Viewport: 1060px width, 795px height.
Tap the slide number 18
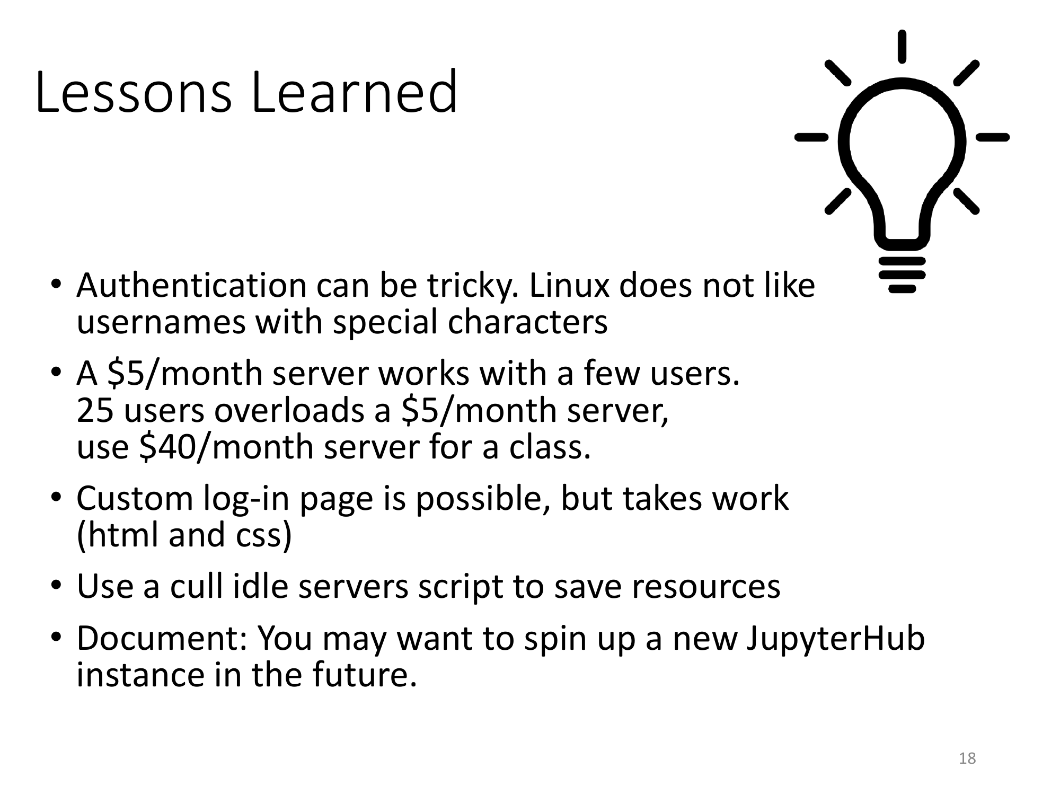click(967, 758)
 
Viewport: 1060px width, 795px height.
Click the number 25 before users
click(95, 411)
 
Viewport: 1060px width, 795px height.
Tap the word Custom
click(135, 499)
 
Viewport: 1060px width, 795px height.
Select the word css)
click(263, 536)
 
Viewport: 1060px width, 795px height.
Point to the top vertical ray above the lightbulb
click(902, 47)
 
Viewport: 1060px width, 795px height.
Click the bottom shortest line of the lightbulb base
click(902, 289)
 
